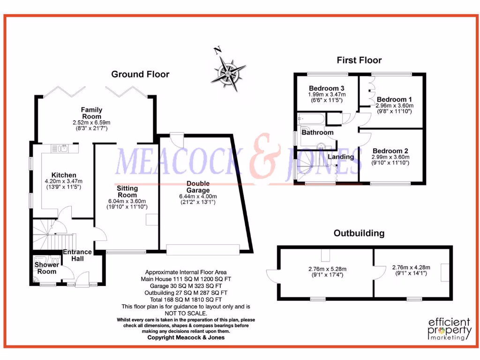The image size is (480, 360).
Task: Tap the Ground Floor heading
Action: click(x=140, y=74)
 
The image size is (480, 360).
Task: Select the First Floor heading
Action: click(x=359, y=60)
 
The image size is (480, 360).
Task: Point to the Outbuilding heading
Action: click(x=359, y=233)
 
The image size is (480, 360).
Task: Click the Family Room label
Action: click(x=91, y=113)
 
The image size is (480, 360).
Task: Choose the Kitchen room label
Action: click(x=64, y=175)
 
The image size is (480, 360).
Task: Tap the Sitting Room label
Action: click(x=127, y=192)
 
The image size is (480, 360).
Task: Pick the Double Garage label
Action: click(x=198, y=187)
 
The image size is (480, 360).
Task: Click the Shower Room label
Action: click(x=46, y=268)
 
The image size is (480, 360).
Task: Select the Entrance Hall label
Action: click(x=77, y=255)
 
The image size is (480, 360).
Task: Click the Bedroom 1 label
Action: click(x=394, y=99)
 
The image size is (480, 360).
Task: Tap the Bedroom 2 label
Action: click(x=390, y=151)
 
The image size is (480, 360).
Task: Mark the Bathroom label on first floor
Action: click(x=317, y=133)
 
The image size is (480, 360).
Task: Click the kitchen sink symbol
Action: click(x=62, y=149)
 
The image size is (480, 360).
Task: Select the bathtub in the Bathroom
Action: click(x=310, y=118)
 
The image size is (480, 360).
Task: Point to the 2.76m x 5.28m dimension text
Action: click(x=327, y=269)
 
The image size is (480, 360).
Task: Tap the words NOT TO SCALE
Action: click(x=186, y=313)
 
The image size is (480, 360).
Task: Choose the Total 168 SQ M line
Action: click(x=186, y=299)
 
